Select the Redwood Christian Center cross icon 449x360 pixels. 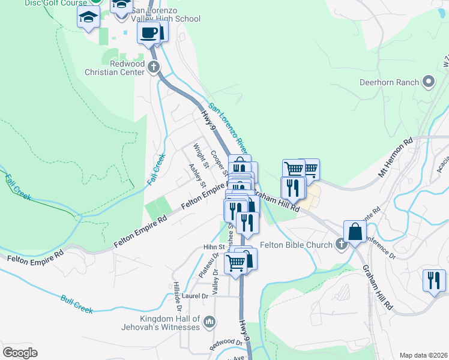(154, 67)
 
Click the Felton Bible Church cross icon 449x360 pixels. (341, 244)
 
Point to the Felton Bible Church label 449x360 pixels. (297, 245)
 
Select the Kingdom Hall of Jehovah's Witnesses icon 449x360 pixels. (209, 322)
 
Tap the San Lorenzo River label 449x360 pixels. (228, 125)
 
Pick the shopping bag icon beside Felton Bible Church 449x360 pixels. (355, 231)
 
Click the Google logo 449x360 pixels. (19, 353)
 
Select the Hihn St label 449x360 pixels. (213, 247)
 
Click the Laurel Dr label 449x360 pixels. (195, 296)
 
